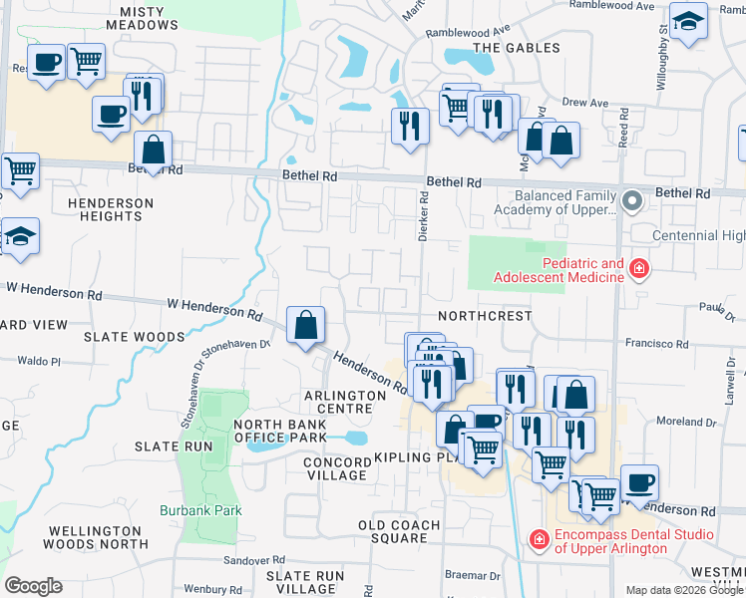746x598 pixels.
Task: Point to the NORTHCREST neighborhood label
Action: pos(485,315)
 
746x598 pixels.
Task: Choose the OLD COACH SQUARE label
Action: pos(400,531)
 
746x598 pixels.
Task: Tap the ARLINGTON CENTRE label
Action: pos(344,396)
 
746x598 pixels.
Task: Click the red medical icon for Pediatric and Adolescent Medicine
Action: pos(638,268)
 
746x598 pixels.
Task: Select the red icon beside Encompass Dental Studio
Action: pos(539,539)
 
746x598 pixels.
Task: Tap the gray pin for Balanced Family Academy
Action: pos(630,201)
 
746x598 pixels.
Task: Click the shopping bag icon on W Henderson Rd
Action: pos(306,325)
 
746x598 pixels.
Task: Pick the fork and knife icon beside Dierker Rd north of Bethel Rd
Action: pos(410,126)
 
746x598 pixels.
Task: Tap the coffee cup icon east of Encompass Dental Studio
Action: pos(639,483)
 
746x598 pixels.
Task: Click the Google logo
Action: pos(33,585)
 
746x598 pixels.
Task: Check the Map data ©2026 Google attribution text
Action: pos(683,590)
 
